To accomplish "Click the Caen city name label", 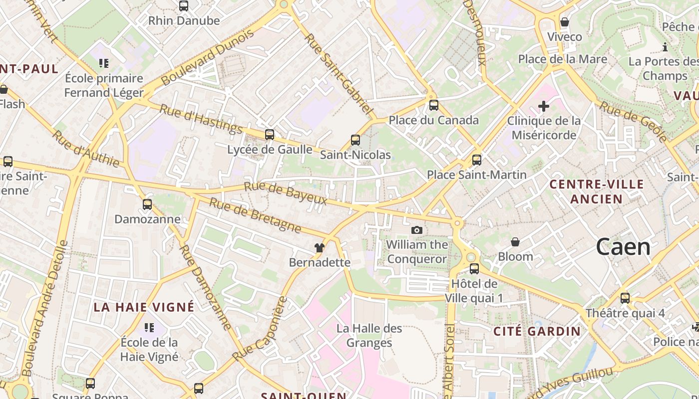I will pos(623,247).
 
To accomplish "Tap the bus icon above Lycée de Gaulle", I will pos(270,134).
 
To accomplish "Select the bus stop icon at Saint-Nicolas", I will pos(355,140).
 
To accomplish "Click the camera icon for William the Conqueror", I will pos(416,230).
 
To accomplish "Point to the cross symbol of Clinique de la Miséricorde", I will pos(544,106).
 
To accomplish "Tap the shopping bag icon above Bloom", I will pos(515,242).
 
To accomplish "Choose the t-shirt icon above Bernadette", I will pos(320,247).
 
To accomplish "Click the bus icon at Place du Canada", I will pos(434,105).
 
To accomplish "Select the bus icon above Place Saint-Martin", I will pos(477,160).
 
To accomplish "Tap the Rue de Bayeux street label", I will pos(285,194).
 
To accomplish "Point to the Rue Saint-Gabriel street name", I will pos(339,74).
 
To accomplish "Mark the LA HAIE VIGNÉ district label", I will pos(144,307).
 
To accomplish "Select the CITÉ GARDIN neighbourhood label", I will pos(537,331).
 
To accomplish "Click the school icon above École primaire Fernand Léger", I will pos(104,63).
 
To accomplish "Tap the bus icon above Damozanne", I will pos(147,204).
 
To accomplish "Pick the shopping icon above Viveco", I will pos(565,22).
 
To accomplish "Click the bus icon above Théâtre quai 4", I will pos(625,298).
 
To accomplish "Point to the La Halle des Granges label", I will pos(369,335).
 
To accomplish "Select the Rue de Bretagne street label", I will pos(255,215).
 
